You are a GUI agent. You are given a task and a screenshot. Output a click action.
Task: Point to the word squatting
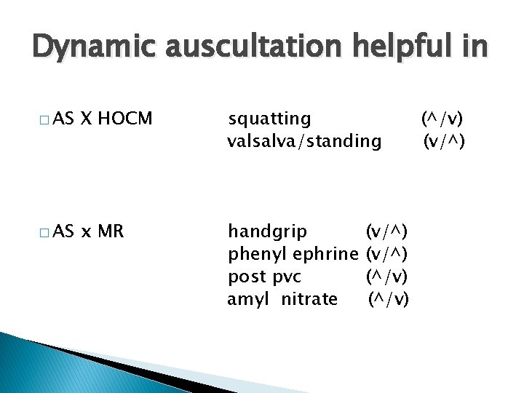(x=269, y=119)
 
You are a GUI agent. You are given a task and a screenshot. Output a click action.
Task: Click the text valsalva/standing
(x=304, y=141)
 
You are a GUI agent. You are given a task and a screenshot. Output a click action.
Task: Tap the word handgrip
(x=267, y=232)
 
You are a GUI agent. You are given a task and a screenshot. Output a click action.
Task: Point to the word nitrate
(x=309, y=298)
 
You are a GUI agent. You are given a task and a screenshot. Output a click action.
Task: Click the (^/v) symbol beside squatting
(x=442, y=118)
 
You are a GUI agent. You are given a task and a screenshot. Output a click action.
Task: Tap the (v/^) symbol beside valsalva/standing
(x=444, y=140)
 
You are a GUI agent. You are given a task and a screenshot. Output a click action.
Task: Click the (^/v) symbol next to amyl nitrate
(x=389, y=298)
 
